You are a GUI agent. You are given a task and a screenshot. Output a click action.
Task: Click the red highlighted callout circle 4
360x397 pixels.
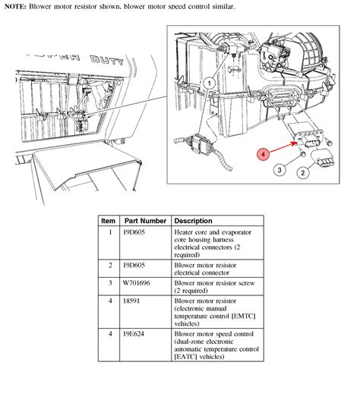[264, 155]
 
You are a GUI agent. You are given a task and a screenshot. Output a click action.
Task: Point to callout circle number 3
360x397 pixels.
[279, 169]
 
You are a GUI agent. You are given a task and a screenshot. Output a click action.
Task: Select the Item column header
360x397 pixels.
[109, 221]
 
